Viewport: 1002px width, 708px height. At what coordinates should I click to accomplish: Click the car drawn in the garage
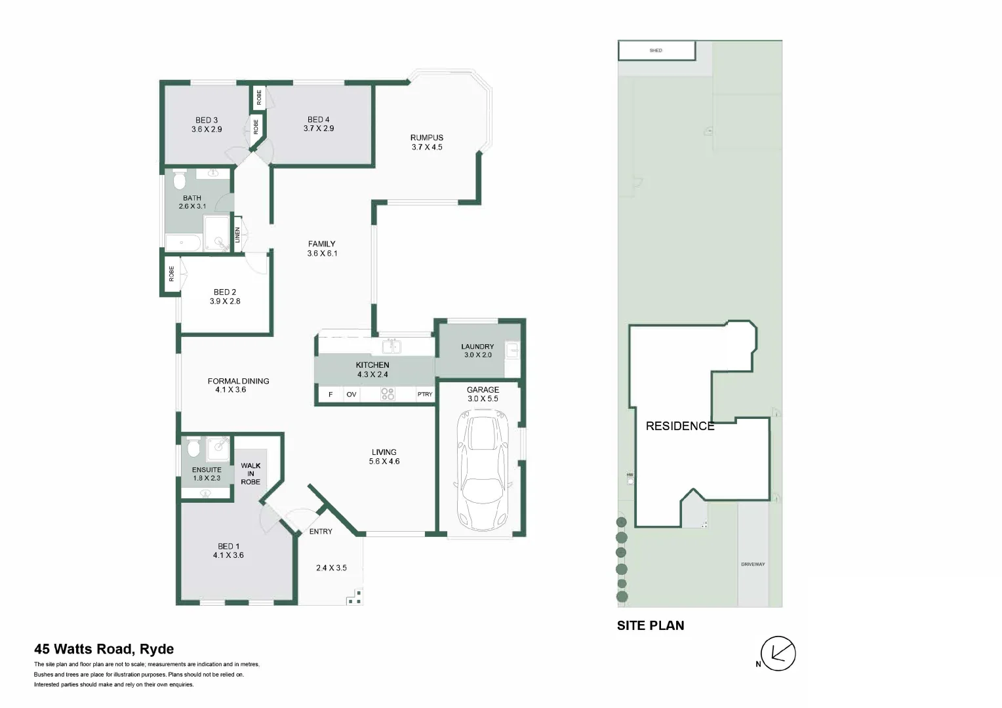click(484, 469)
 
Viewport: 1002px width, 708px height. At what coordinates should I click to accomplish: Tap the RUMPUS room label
click(427, 138)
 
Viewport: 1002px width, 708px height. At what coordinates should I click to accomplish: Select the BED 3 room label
click(207, 120)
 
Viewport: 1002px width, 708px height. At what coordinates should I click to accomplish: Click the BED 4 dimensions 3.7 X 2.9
click(319, 128)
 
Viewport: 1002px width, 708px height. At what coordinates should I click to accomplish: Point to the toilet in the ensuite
click(193, 448)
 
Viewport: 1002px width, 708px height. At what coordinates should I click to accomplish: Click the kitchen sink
click(391, 345)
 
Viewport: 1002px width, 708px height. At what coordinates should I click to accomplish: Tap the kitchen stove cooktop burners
click(388, 394)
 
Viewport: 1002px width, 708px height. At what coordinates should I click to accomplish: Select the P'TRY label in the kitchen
click(425, 394)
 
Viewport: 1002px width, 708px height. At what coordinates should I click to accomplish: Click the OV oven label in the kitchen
click(351, 394)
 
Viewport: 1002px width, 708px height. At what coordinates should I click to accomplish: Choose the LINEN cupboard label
click(238, 235)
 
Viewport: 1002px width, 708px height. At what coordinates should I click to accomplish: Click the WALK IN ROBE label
click(250, 473)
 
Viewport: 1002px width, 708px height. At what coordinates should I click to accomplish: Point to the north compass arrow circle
click(778, 654)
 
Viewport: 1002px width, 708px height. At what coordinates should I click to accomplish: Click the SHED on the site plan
click(656, 50)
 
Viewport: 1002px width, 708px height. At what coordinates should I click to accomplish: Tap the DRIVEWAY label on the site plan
click(753, 564)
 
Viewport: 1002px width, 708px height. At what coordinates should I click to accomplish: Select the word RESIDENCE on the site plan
click(680, 426)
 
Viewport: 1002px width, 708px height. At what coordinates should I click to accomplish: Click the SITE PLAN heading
click(651, 625)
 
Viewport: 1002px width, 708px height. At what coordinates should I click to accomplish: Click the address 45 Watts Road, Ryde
click(104, 649)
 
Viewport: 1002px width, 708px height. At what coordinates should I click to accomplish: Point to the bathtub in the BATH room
click(183, 243)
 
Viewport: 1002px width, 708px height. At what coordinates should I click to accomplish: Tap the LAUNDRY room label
click(477, 346)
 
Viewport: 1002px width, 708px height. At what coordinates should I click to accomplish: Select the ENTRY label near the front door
click(321, 531)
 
